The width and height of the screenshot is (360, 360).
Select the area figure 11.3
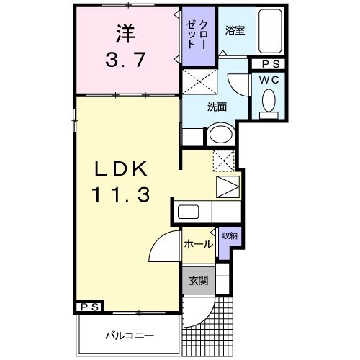[120, 194]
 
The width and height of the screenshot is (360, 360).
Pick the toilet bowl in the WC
[271, 101]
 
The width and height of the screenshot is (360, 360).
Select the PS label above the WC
[269, 64]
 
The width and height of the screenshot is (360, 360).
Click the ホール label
[197, 244]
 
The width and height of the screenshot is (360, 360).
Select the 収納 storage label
[229, 235]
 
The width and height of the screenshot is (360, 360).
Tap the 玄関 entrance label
[198, 280]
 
